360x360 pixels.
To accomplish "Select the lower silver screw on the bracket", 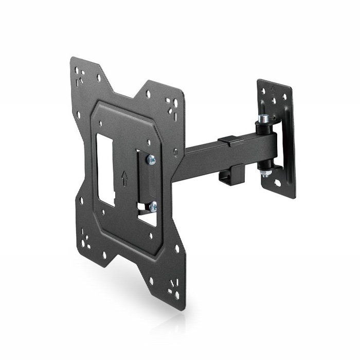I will point(152,207).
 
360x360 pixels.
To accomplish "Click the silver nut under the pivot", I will point(265,172).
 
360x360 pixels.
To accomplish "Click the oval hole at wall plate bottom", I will point(278,182).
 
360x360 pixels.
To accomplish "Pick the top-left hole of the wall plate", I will point(263,92).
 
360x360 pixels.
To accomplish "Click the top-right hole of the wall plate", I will point(284,97).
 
